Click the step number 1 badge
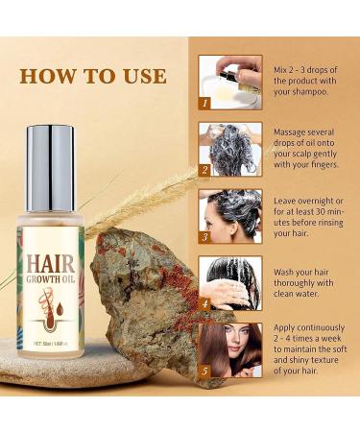point(204,101)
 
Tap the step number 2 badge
point(204,170)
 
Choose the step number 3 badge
point(204,236)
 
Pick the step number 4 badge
point(204,303)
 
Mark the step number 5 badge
point(204,370)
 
